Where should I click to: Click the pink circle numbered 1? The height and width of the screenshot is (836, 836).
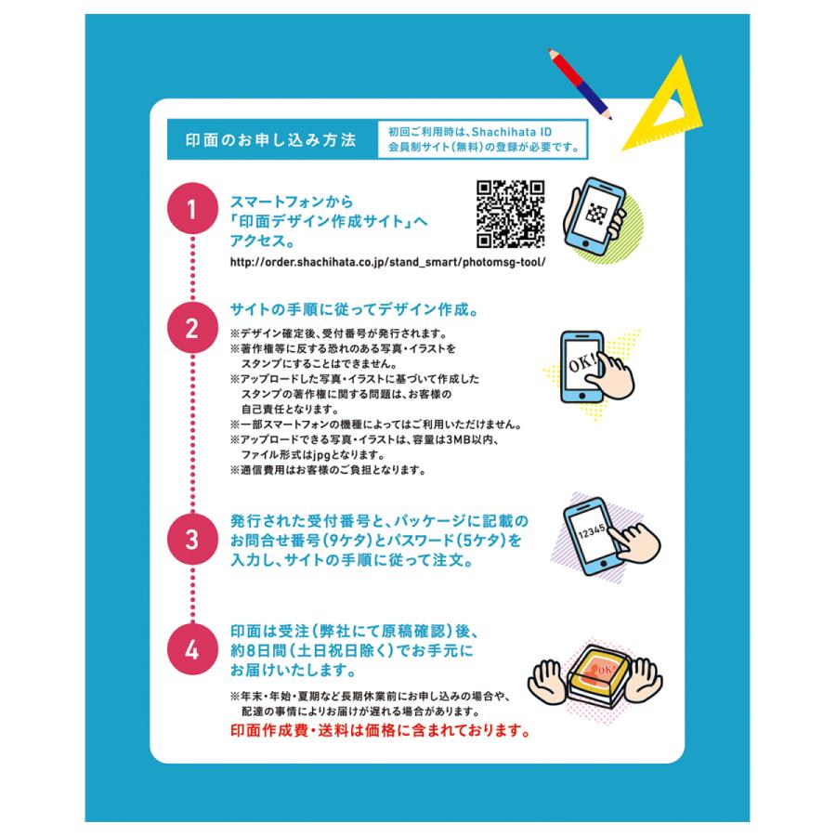pos(192,208)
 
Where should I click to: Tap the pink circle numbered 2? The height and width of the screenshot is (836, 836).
pos(192,328)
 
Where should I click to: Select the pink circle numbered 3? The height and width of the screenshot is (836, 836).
pos(192,539)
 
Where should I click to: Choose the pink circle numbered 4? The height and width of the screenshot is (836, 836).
pos(192,649)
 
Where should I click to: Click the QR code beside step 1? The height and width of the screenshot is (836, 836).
pos(510,214)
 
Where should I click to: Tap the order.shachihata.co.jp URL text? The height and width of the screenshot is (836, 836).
pos(387,262)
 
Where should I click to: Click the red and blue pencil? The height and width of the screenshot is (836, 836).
pos(580,84)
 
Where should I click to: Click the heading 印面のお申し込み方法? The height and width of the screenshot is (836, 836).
pos(271,139)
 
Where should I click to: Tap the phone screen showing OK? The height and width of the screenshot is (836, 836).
pos(581,365)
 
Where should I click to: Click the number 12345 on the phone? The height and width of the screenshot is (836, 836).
pos(592,531)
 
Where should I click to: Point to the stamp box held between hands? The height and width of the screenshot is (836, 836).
pos(597,674)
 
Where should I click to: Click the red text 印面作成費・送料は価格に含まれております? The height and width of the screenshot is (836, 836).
pos(381,730)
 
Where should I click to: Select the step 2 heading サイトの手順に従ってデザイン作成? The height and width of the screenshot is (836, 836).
pos(355,309)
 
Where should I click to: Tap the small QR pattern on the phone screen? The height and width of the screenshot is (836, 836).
pos(596,214)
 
